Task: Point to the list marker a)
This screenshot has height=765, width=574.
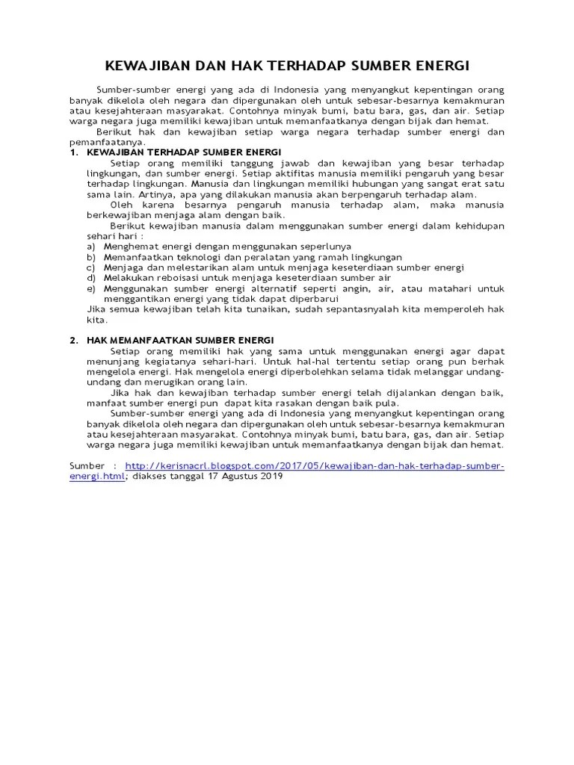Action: [90, 246]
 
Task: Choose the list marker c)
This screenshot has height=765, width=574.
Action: [90, 267]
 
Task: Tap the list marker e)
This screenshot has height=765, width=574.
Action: [90, 288]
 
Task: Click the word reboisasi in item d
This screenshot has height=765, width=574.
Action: [173, 277]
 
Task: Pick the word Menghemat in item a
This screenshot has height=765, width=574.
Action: [129, 246]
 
